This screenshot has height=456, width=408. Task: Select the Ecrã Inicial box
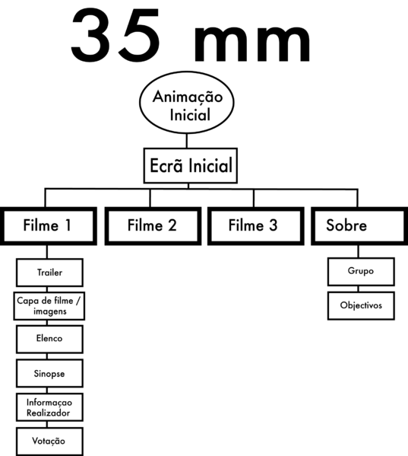coord(190,165)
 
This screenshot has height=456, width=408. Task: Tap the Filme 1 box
coord(49,225)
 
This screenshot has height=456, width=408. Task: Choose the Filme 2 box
coord(153,225)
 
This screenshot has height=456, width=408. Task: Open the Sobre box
coord(359,225)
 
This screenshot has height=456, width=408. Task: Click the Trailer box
coord(49,272)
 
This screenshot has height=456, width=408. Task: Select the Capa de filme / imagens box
coord(49,306)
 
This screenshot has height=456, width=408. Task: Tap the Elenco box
coord(49,339)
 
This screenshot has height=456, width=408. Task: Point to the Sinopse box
coord(49,374)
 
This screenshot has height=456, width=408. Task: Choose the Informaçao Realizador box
coord(49,407)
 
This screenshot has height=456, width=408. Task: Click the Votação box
coord(49,441)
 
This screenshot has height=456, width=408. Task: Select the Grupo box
coord(361,272)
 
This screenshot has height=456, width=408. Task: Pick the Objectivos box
coord(361,305)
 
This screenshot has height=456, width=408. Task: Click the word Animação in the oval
coord(188,97)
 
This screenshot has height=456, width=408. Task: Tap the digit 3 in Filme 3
coord(273,225)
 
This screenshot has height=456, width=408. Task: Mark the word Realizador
coord(49,413)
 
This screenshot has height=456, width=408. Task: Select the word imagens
coord(49,311)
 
